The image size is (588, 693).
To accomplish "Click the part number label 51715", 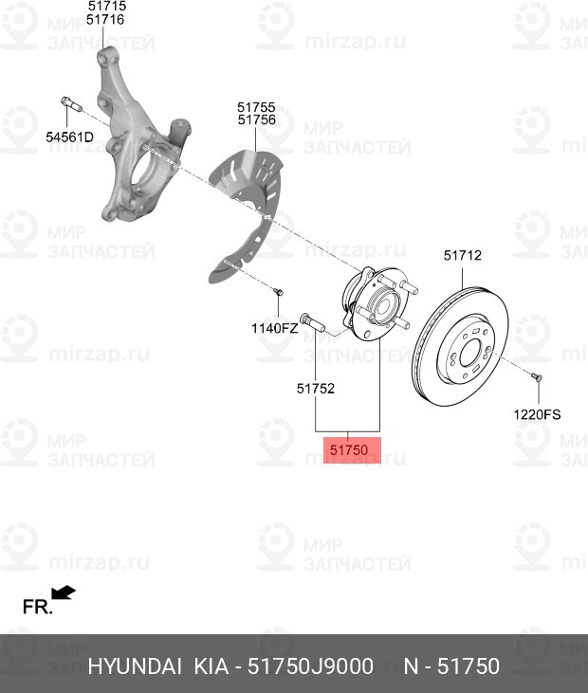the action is click(107, 6).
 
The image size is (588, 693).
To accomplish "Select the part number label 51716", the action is click(105, 20).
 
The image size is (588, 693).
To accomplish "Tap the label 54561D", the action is click(70, 137).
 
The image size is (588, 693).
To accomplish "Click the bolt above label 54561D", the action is click(71, 104).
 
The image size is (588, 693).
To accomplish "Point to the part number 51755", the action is click(256, 107).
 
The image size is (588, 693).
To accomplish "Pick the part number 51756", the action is click(256, 119).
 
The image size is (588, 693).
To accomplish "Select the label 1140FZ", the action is click(274, 328).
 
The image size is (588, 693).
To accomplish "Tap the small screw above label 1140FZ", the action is click(278, 292).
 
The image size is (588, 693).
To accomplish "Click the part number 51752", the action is click(316, 389).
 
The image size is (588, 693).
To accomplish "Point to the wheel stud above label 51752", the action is click(312, 322).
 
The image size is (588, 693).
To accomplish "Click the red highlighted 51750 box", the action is click(352, 450).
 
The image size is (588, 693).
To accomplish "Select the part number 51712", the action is click(463, 255).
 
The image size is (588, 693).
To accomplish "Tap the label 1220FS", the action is click(537, 414).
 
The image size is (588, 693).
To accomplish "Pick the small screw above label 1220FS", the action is click(536, 377).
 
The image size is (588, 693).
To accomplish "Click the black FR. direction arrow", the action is click(64, 593).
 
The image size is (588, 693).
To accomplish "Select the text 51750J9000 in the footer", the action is click(310, 666).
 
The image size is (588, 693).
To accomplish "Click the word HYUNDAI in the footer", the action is click(135, 666).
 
